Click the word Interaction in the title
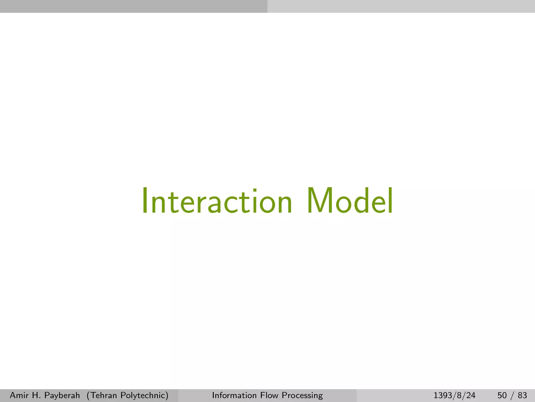pos(217,201)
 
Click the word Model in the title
pos(350,201)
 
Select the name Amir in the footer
pos(19,395)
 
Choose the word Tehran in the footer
pos(102,395)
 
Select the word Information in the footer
pos(234,395)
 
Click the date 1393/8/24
pos(455,395)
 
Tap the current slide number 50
pos(502,395)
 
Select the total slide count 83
pos(522,395)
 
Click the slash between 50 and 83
pos(512,395)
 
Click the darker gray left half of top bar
pos(134,6)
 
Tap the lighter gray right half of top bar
pos(401,6)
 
